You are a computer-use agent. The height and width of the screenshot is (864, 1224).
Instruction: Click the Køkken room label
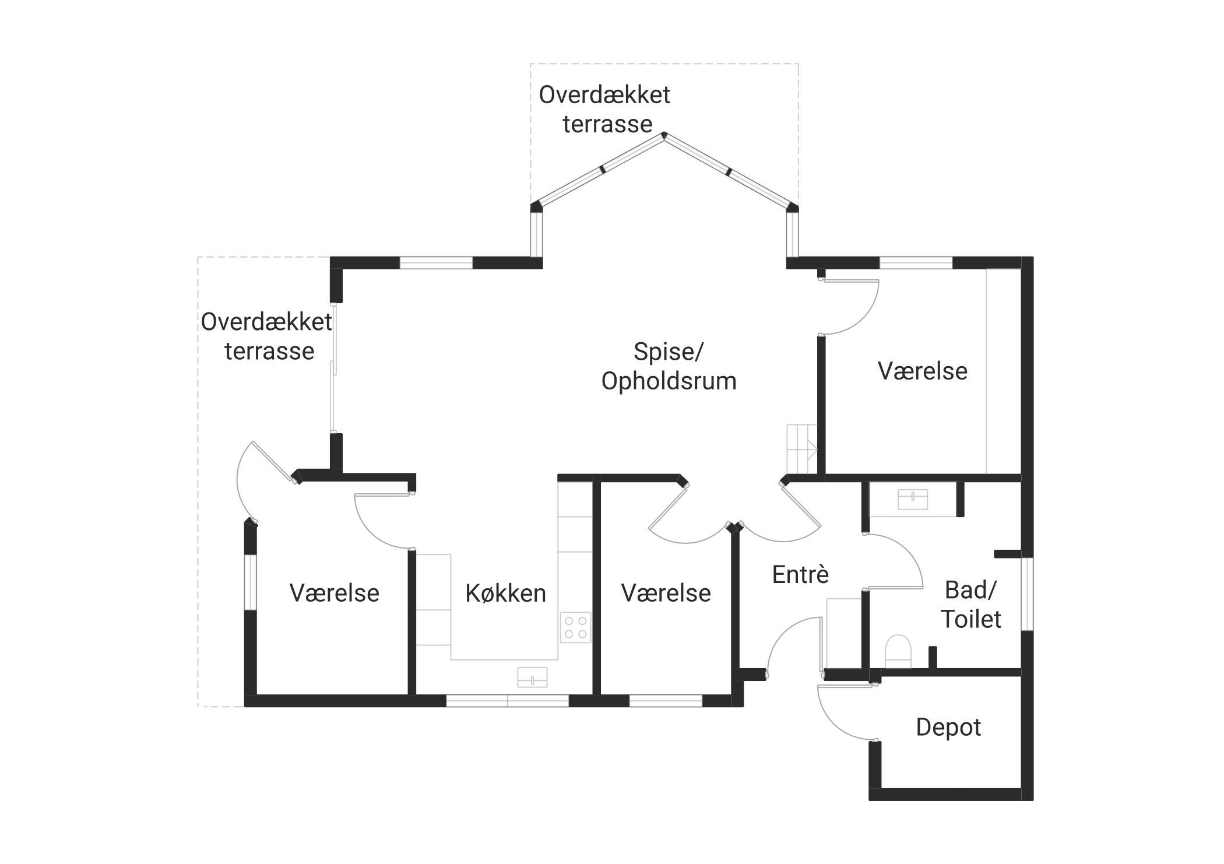[505, 593]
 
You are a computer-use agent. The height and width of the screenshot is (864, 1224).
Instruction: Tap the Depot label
[948, 728]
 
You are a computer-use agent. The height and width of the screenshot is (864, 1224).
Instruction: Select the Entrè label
[800, 575]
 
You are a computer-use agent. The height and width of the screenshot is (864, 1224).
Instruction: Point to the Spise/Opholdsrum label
[669, 367]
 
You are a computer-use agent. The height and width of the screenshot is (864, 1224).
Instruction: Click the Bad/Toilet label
[971, 605]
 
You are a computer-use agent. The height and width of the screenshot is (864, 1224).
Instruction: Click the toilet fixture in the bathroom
[898, 651]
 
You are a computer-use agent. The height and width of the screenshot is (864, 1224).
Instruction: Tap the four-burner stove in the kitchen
[575, 627]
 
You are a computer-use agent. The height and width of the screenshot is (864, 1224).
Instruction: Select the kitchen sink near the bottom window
[532, 677]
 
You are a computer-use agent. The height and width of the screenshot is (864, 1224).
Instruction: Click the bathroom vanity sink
[912, 500]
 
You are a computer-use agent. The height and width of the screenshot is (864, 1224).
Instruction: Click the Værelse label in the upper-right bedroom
[922, 371]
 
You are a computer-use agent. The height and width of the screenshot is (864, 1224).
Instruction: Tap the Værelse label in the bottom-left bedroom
[334, 593]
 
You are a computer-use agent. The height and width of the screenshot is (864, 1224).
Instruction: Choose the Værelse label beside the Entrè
[666, 593]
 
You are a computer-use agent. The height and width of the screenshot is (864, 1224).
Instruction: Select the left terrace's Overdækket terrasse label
[267, 337]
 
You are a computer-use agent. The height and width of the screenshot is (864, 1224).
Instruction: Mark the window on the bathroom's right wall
[1027, 593]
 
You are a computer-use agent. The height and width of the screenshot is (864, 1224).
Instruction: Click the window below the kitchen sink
[507, 701]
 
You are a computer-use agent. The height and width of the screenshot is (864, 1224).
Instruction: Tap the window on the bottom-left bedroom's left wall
[250, 582]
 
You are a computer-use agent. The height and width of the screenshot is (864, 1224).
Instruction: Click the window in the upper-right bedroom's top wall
[916, 263]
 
